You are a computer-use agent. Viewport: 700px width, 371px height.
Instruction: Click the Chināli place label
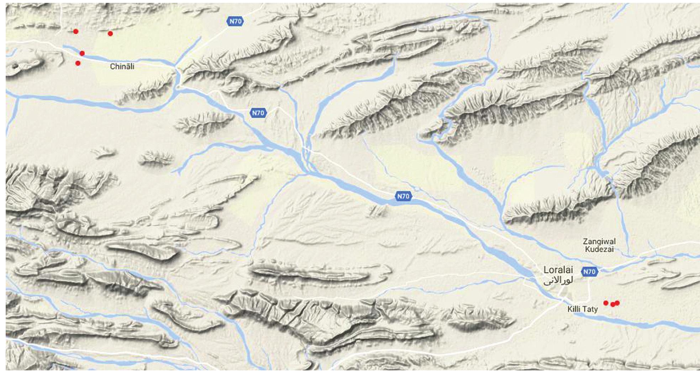coord(122,67)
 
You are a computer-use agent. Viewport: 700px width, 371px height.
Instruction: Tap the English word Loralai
coord(558,270)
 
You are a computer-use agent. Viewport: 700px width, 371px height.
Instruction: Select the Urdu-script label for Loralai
coord(558,281)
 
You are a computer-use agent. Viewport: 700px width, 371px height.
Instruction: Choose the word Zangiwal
coord(599,241)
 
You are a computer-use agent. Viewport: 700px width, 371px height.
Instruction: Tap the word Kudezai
coord(599,249)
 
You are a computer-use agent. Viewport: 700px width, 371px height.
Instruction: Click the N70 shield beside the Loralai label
coord(589,272)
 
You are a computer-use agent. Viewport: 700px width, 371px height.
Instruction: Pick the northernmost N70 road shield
coord(235,21)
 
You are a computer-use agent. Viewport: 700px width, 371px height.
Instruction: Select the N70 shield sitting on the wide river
coord(403,196)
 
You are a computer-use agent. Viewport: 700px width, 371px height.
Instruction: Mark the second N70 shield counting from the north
coord(258,113)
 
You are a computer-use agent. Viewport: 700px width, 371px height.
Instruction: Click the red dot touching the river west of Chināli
coord(82,53)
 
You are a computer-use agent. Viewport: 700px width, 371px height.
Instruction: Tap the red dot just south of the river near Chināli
coord(78,63)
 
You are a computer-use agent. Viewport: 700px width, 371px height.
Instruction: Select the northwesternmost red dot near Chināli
coord(76,31)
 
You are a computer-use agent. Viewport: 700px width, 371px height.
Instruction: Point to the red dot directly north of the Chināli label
coord(110,33)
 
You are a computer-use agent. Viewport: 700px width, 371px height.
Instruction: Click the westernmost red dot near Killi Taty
coord(606,303)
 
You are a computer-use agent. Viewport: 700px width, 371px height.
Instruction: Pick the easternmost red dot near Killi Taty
coord(617,303)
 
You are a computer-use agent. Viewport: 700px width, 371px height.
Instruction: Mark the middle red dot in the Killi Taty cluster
coord(612,304)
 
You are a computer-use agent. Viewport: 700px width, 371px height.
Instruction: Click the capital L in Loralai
coord(546,270)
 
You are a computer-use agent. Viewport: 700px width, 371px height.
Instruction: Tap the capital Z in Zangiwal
coord(585,241)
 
